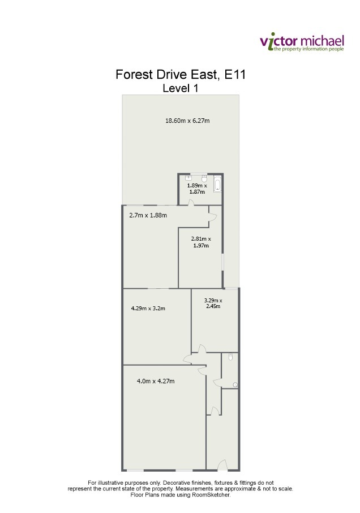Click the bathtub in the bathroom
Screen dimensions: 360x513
[x=217, y=183]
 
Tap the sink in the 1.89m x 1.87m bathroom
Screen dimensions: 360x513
[x=188, y=178]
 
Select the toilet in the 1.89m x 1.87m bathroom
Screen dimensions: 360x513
[x=204, y=178]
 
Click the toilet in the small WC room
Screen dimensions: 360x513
[x=230, y=357]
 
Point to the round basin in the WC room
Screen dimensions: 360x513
[x=235, y=385]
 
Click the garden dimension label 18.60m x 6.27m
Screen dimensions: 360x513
[x=187, y=121]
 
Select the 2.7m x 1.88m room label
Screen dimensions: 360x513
[x=148, y=215]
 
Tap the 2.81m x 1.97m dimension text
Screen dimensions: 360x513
[x=201, y=242]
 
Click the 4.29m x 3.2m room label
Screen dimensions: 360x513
[x=148, y=308]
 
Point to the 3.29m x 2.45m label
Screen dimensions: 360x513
[x=213, y=303]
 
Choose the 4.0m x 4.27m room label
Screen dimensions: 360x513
[x=156, y=381]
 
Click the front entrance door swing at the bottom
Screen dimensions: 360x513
[x=222, y=465]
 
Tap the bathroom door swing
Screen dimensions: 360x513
[x=191, y=203]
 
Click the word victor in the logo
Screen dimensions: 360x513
[x=278, y=42]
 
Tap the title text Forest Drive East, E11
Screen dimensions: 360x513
[x=181, y=75]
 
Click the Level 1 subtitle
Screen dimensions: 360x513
[x=181, y=88]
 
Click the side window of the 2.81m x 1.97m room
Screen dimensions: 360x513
[x=223, y=262]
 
